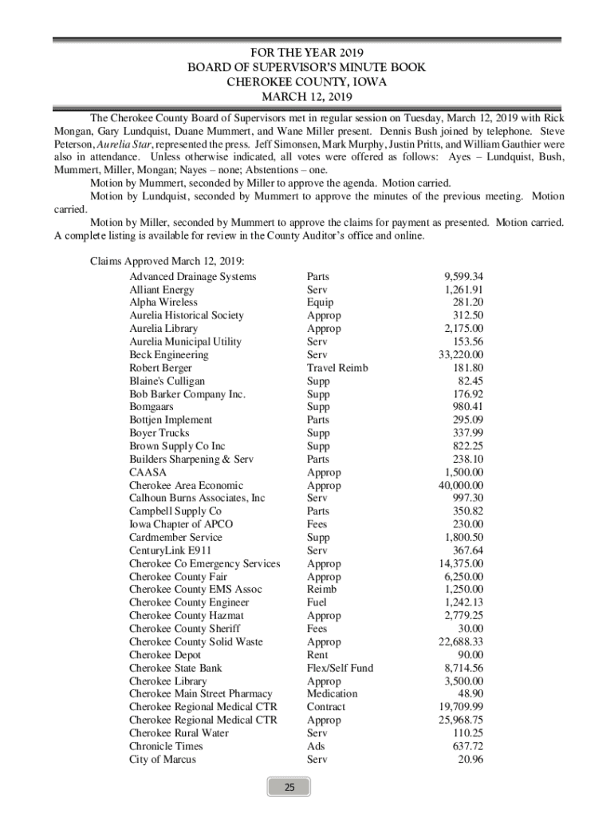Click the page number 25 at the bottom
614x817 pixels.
[x=290, y=787]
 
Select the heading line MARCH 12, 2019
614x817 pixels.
[x=307, y=97]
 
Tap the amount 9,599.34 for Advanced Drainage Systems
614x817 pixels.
[x=463, y=276]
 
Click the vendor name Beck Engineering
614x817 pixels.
[x=169, y=354]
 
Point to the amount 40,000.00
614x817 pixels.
[x=461, y=485]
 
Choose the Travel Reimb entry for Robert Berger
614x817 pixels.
[x=337, y=368]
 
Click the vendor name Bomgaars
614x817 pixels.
[x=152, y=407]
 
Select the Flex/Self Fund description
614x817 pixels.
[x=340, y=668]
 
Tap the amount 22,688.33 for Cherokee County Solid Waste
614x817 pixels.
[x=461, y=641]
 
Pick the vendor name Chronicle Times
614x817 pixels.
[x=166, y=746]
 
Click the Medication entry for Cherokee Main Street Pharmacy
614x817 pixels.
[x=332, y=694]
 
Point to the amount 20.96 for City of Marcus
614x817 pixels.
[x=470, y=760]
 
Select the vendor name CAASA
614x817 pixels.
[x=148, y=472]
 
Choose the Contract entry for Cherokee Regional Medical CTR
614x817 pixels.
[x=326, y=707]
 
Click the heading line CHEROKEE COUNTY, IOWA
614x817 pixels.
[x=307, y=82]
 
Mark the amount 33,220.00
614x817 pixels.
[x=461, y=354]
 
